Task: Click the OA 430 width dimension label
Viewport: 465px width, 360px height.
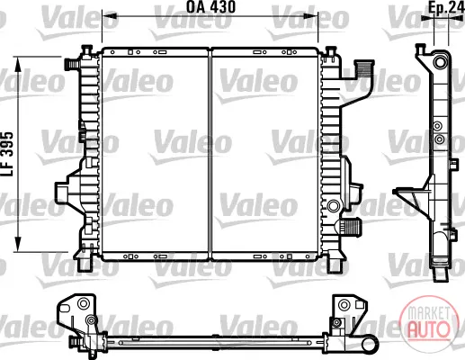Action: coord(211,7)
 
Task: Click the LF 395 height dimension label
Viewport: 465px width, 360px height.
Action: coord(8,154)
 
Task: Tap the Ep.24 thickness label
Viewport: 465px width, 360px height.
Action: coord(446,8)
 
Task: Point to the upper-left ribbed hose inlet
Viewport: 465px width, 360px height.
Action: coord(72,64)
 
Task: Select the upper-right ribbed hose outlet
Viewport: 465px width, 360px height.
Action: coord(364,68)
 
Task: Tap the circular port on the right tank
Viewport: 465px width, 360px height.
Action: coord(333,206)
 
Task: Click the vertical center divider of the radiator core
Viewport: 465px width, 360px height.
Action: coord(210,154)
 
